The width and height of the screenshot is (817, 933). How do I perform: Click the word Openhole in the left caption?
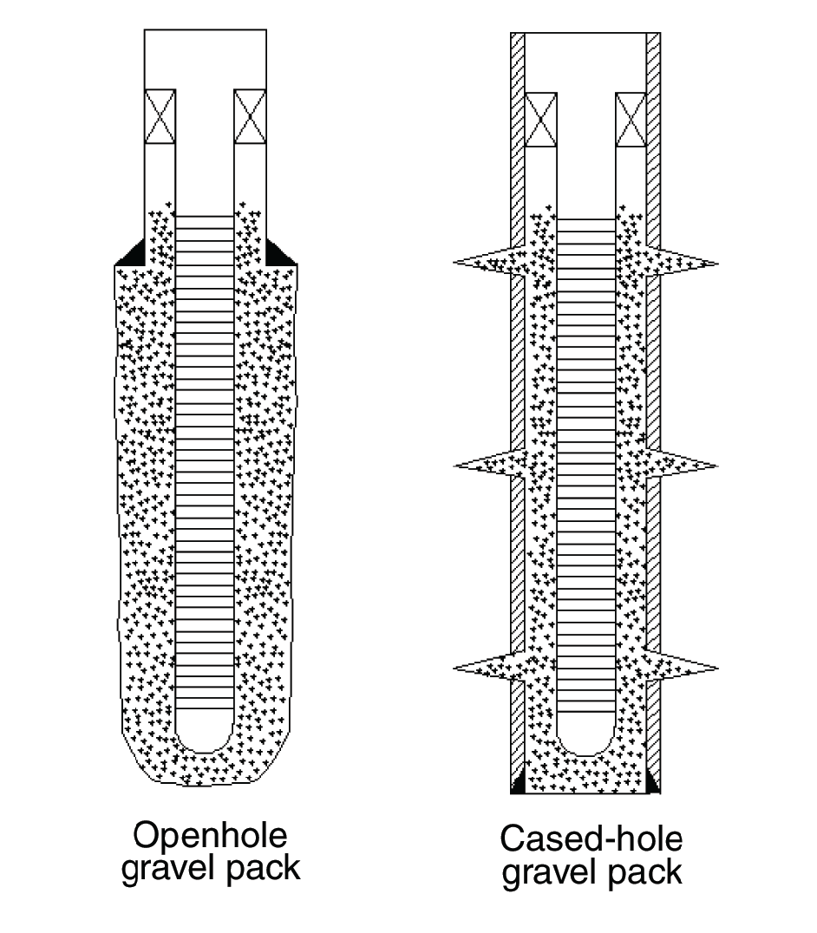(209, 837)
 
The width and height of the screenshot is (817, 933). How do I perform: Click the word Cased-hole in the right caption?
(591, 839)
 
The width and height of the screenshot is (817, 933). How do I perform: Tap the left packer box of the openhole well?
(160, 116)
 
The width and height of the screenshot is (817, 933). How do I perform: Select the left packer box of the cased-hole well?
(541, 120)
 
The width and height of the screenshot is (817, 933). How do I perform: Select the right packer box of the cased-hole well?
(631, 120)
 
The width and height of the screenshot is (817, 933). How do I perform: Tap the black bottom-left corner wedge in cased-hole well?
(518, 785)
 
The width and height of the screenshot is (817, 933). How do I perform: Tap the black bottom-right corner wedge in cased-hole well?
(653, 784)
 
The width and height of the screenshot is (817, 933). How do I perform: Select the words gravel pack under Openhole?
(210, 868)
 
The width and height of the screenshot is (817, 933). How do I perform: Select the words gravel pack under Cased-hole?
(592, 871)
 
